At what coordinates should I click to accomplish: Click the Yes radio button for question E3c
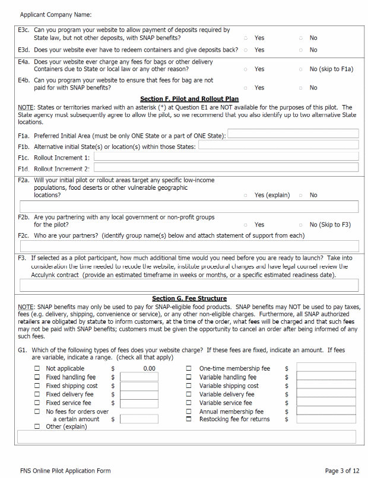(x=245, y=38)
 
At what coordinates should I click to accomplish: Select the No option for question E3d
(x=301, y=50)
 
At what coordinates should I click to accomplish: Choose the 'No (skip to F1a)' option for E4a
(x=301, y=69)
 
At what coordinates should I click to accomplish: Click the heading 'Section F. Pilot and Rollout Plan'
(x=189, y=99)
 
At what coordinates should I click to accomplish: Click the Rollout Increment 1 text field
(x=226, y=157)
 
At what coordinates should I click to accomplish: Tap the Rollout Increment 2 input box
(x=226, y=168)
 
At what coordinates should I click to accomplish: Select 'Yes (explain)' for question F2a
(x=245, y=195)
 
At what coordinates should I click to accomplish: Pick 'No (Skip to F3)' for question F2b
(x=301, y=225)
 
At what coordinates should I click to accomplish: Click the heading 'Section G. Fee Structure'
(x=189, y=298)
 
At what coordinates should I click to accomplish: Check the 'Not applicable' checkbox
(x=37, y=368)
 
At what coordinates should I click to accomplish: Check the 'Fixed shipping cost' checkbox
(x=37, y=385)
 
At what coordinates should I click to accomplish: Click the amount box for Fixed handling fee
(x=139, y=377)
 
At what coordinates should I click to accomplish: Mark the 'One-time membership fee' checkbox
(x=189, y=368)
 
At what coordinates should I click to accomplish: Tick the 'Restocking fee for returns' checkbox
(x=189, y=419)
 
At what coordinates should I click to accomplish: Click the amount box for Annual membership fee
(x=326, y=411)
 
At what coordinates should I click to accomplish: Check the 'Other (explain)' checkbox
(x=37, y=426)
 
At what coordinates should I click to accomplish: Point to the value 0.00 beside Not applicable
(x=149, y=368)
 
